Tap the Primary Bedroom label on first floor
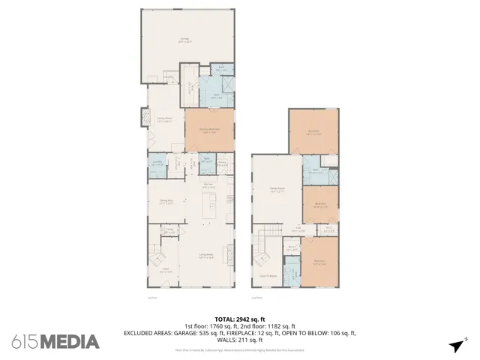tap(208, 130)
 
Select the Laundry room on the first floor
tap(157, 163)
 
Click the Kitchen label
tap(210, 186)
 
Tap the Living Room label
tap(204, 256)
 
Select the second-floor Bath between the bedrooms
tap(317, 171)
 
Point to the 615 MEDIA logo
tap(55, 341)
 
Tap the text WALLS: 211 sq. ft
tap(240, 339)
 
